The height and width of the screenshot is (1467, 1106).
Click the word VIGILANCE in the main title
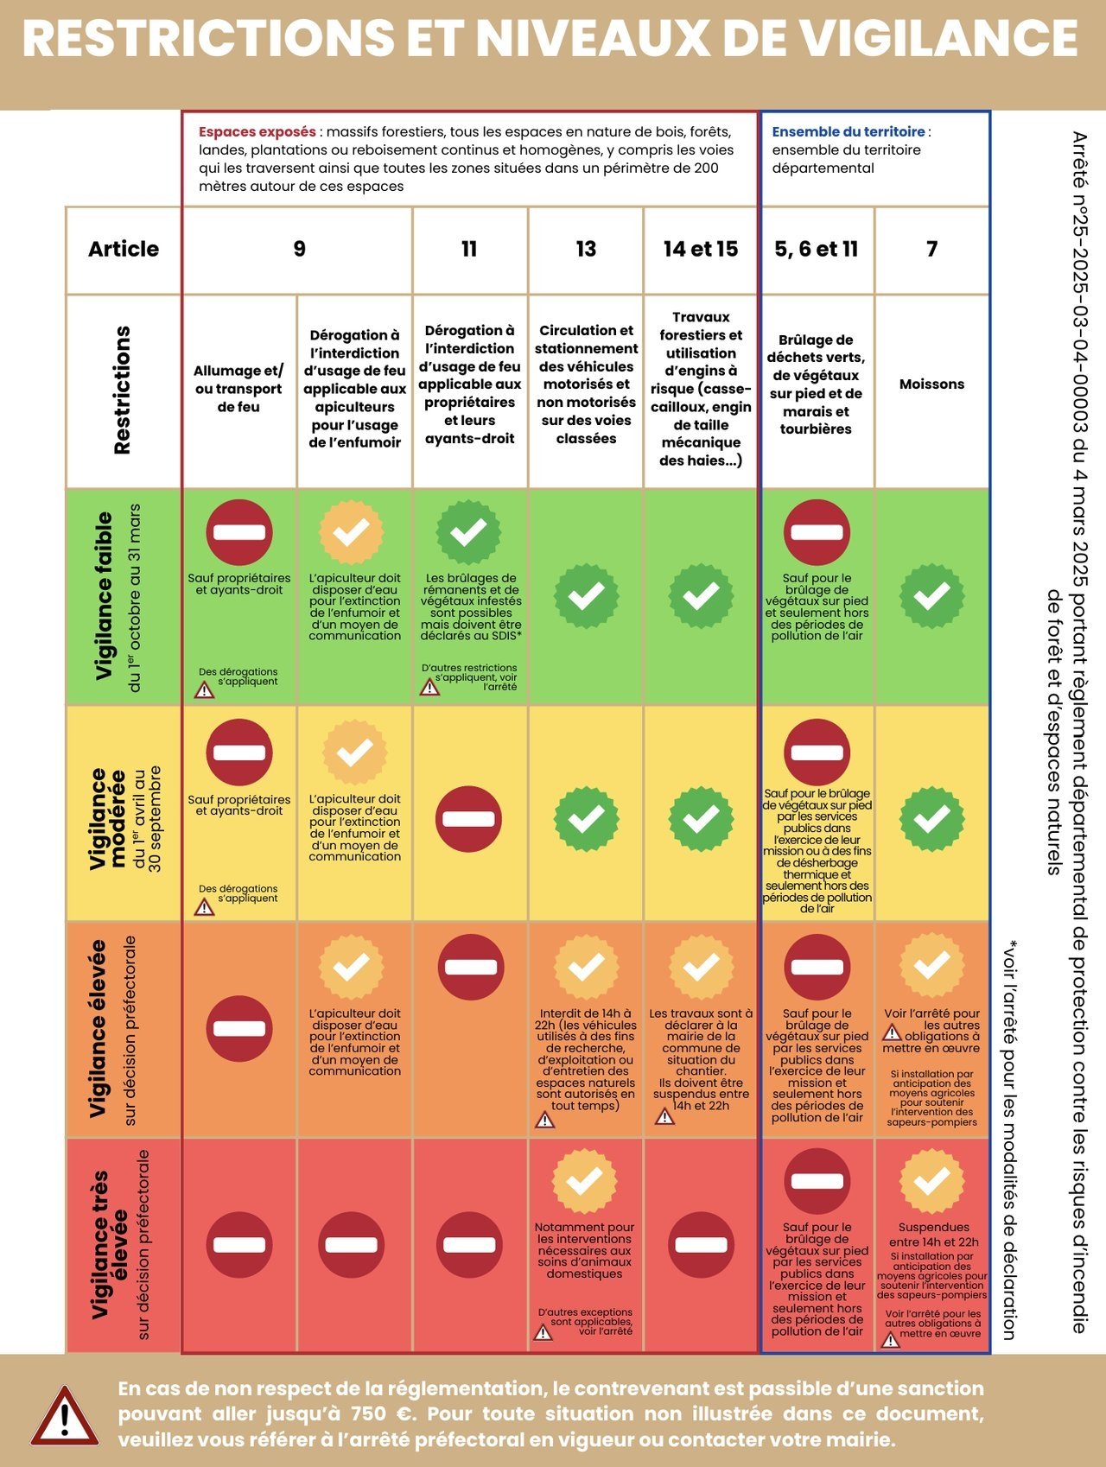click(x=938, y=39)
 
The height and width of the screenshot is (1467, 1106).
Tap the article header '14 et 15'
click(x=701, y=249)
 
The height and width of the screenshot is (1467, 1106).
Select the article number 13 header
click(x=586, y=249)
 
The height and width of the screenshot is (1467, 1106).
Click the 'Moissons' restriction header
click(x=931, y=384)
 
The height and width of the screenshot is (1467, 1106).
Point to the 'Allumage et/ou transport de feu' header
click(x=238, y=389)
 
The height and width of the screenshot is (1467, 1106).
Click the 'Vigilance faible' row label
click(x=103, y=596)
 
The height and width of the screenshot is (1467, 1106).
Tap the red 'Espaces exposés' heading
click(x=257, y=132)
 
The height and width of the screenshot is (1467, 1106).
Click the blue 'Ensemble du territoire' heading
click(x=849, y=132)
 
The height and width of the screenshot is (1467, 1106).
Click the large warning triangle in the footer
click(x=65, y=1416)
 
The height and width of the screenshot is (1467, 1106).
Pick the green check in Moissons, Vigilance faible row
click(x=931, y=596)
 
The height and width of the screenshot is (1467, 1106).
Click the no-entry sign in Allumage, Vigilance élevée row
click(x=239, y=1029)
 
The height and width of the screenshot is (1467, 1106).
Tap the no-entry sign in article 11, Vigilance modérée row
click(x=469, y=818)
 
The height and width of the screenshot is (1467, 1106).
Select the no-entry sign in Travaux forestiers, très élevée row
click(x=701, y=1245)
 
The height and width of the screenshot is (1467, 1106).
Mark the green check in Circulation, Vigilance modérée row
click(x=586, y=817)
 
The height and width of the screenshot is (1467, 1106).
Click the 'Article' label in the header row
click(x=124, y=249)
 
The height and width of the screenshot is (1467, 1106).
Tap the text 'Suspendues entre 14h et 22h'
click(x=933, y=1235)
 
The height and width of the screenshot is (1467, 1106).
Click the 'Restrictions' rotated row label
click(x=122, y=390)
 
